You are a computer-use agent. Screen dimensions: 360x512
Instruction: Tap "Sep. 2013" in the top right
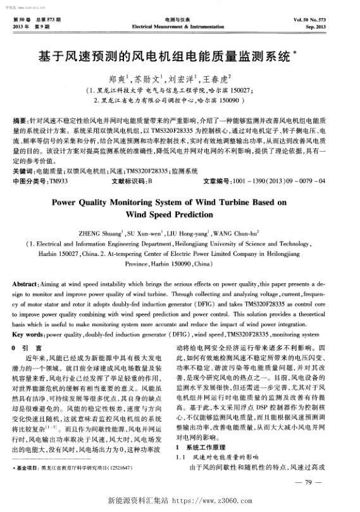[x=333, y=28]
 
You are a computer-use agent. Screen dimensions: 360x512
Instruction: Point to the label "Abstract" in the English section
[x=27, y=283]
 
